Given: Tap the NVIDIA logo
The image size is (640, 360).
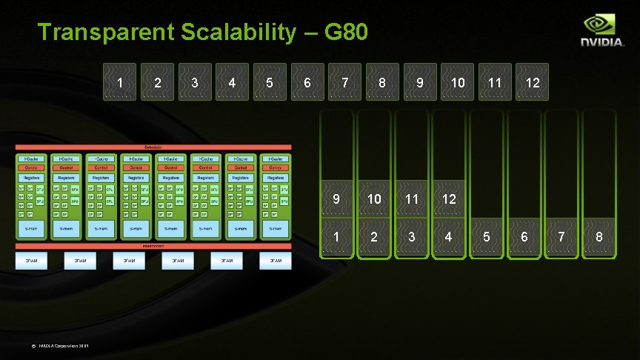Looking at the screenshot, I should [x=602, y=33].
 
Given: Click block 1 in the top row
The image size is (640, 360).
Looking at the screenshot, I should [x=121, y=81].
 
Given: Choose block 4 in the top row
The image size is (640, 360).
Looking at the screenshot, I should [x=233, y=81].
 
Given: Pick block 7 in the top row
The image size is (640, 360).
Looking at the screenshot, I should [x=345, y=81].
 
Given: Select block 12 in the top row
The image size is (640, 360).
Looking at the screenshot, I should [x=532, y=81].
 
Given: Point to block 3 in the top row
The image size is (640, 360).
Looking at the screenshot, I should [x=195, y=81].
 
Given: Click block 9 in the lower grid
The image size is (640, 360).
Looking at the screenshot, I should [x=336, y=199].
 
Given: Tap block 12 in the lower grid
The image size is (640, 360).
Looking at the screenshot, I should [x=449, y=199].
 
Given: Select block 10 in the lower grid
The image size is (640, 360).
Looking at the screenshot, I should [x=374, y=199].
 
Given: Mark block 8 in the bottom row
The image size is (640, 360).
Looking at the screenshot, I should [x=599, y=237].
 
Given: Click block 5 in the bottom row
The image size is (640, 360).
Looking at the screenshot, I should [x=487, y=237].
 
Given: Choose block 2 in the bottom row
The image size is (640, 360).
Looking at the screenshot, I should [x=374, y=237].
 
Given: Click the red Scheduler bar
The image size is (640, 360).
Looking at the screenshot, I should [x=153, y=147].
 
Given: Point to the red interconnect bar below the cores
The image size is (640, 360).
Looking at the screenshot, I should [x=153, y=246].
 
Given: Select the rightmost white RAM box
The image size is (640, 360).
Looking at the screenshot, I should [x=275, y=261].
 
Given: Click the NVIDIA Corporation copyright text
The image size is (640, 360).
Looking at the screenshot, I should [x=64, y=346].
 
